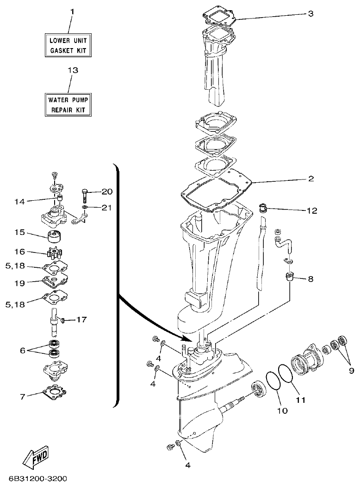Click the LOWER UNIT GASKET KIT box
coord(68,45)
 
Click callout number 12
coord(311,211)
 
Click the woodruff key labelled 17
coord(65,319)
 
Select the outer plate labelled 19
coord(55,282)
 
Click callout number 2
coord(311,178)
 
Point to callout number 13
coord(73,70)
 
